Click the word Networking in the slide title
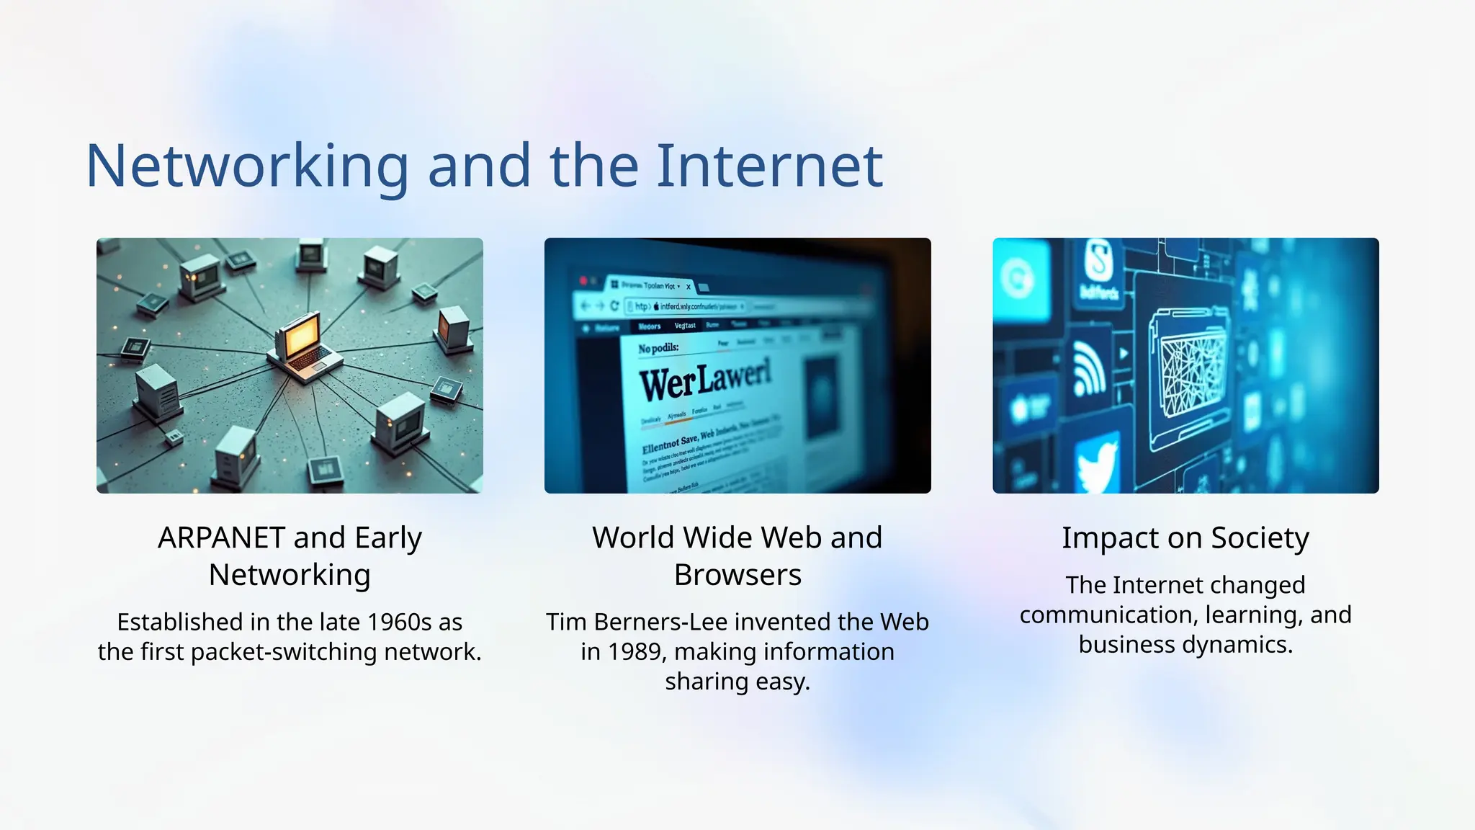tap(247, 167)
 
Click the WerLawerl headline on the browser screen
tap(704, 379)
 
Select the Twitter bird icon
tap(1097, 465)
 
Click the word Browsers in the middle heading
tap(737, 576)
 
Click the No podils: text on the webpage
tap(658, 349)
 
